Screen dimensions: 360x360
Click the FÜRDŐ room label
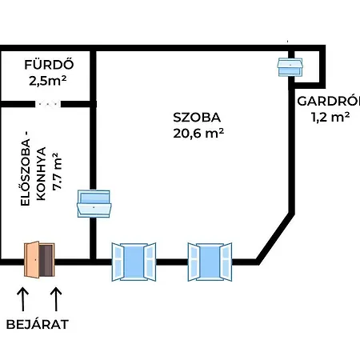coord(49,64)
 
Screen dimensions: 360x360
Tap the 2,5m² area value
coord(48,80)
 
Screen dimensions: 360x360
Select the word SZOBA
coord(197,118)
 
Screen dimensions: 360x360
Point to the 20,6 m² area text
coord(198,133)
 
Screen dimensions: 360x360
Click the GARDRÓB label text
coord(329,102)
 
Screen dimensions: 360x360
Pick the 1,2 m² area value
coord(330,117)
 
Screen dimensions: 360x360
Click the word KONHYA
coord(41,174)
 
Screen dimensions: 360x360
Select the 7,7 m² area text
coord(57,171)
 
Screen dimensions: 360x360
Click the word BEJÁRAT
coord(38,324)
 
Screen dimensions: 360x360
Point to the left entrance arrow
coord(23,299)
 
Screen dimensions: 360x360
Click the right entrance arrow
coord(56,299)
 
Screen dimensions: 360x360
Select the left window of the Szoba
coord(134,262)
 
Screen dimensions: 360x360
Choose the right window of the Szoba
coord(210,262)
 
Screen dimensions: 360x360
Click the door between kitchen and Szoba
coord(94,203)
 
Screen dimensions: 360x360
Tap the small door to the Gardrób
coord(290,67)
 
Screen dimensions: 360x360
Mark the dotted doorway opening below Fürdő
coord(48,104)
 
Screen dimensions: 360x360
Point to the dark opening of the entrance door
coord(46,260)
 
